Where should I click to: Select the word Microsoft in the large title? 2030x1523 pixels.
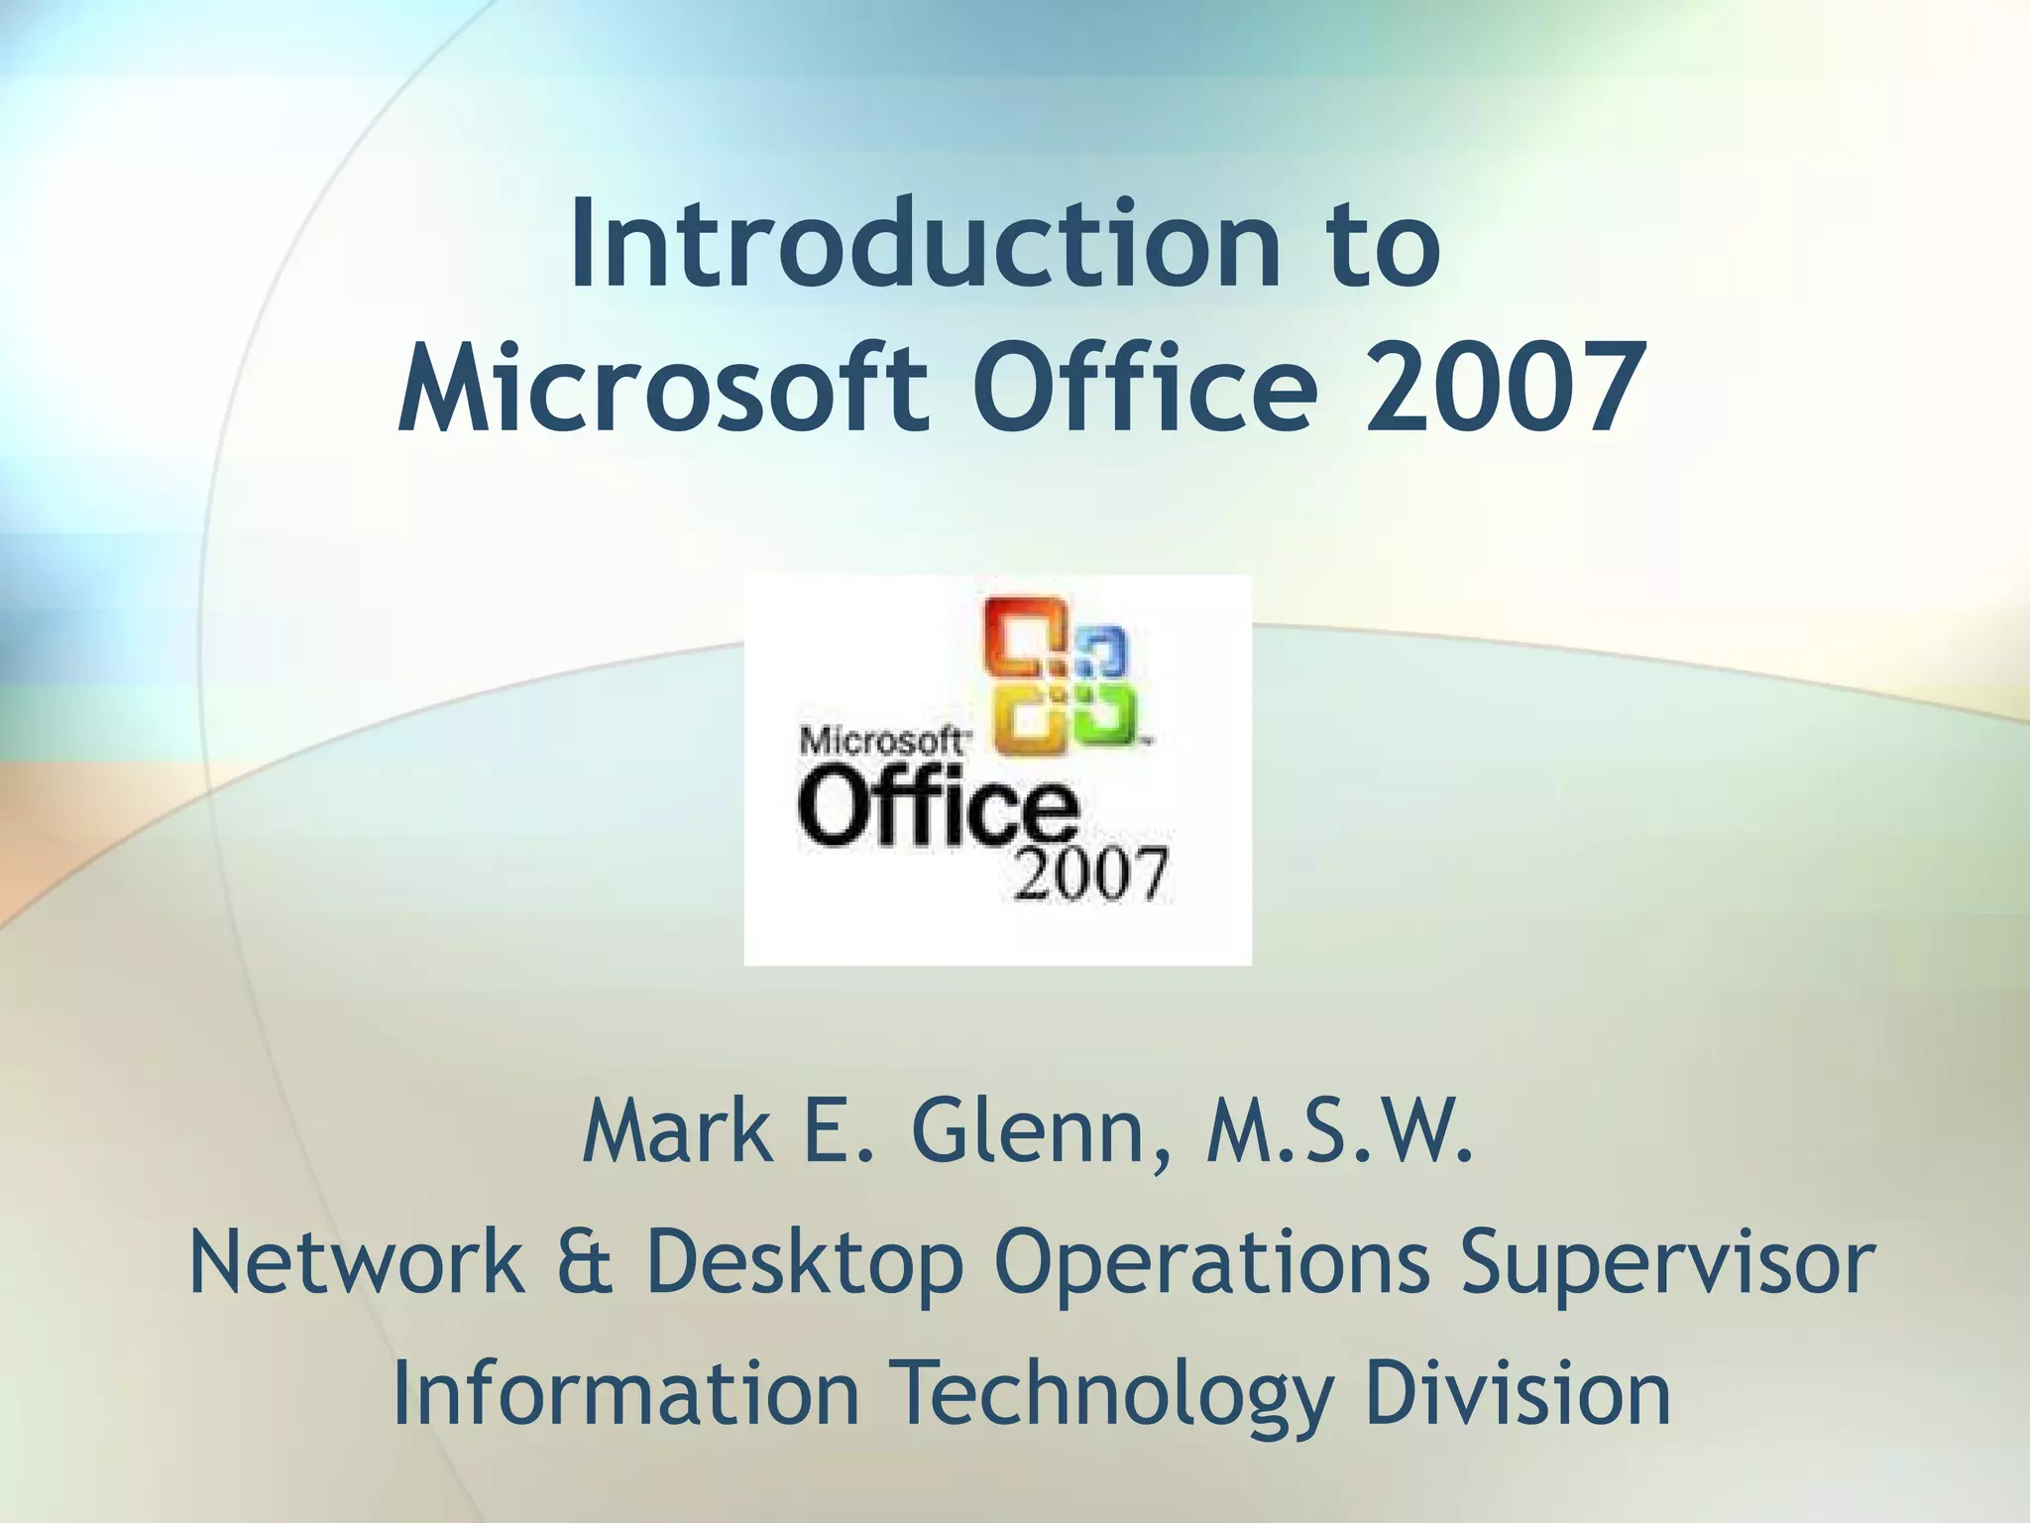(663, 388)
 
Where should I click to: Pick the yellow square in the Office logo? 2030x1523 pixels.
(1031, 718)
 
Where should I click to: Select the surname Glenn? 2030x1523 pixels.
(1036, 1133)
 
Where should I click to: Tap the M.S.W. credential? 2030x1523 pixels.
(1339, 1133)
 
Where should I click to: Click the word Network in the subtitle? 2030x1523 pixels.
(357, 1262)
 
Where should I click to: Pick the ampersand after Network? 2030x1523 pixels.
(585, 1262)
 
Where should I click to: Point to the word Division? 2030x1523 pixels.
(1517, 1393)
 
